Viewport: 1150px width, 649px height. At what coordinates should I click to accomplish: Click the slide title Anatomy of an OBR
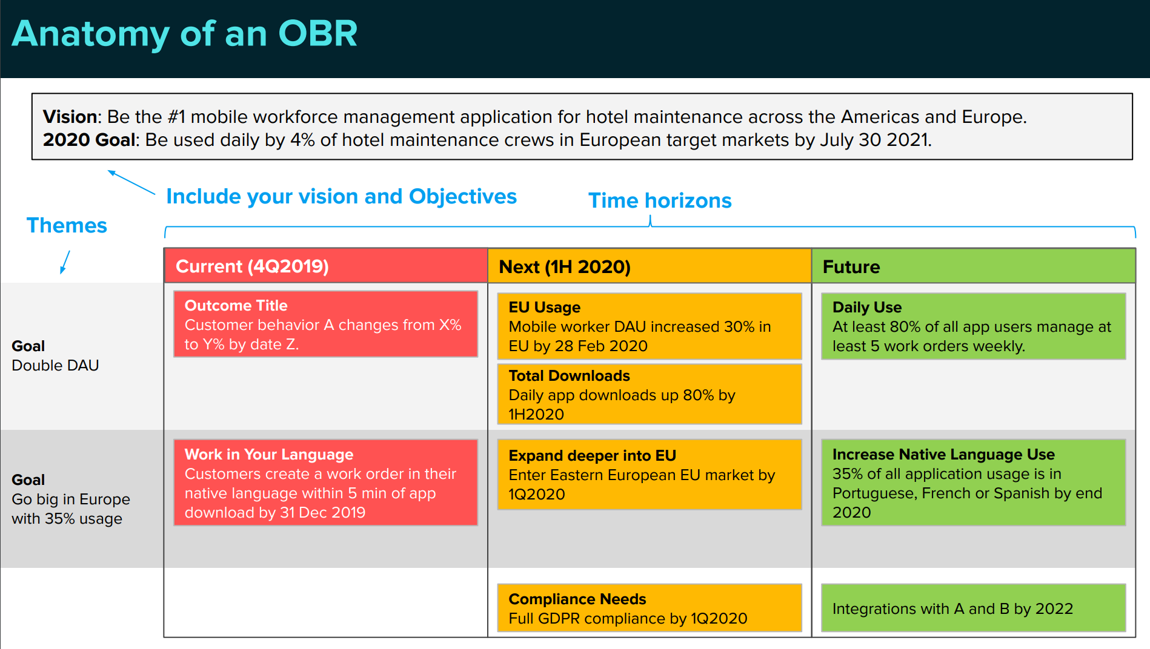tap(185, 33)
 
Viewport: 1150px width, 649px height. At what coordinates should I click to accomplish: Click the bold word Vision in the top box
tap(70, 116)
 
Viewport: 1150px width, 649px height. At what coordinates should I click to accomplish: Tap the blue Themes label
tap(67, 225)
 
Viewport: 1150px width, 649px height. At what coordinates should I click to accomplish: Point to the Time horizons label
tap(660, 200)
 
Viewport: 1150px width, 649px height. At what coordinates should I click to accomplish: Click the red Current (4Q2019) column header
tap(326, 266)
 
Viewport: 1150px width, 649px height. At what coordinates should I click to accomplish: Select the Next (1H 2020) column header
tap(650, 266)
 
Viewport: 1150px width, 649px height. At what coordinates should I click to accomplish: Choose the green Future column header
tap(974, 266)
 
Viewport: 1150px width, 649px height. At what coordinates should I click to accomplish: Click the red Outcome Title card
tap(326, 324)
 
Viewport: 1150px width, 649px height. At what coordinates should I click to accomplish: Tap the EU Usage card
tap(650, 326)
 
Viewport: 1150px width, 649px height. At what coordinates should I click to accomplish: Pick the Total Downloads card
tap(650, 394)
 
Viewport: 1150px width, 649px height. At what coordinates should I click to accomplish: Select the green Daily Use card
tap(974, 326)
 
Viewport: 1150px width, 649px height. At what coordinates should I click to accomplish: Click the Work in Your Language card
tap(326, 483)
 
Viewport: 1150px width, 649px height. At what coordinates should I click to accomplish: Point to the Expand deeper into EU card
tap(650, 475)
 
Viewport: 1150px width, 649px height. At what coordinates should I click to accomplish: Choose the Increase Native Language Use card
tap(974, 483)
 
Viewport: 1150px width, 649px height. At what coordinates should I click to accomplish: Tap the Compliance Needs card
tap(650, 608)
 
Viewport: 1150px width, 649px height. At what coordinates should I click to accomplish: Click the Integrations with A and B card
tap(974, 608)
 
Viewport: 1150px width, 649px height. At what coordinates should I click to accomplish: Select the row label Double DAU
tap(55, 366)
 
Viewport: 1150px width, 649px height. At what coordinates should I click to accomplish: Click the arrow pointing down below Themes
tap(65, 262)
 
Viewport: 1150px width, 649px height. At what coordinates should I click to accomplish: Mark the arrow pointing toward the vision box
tap(131, 182)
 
